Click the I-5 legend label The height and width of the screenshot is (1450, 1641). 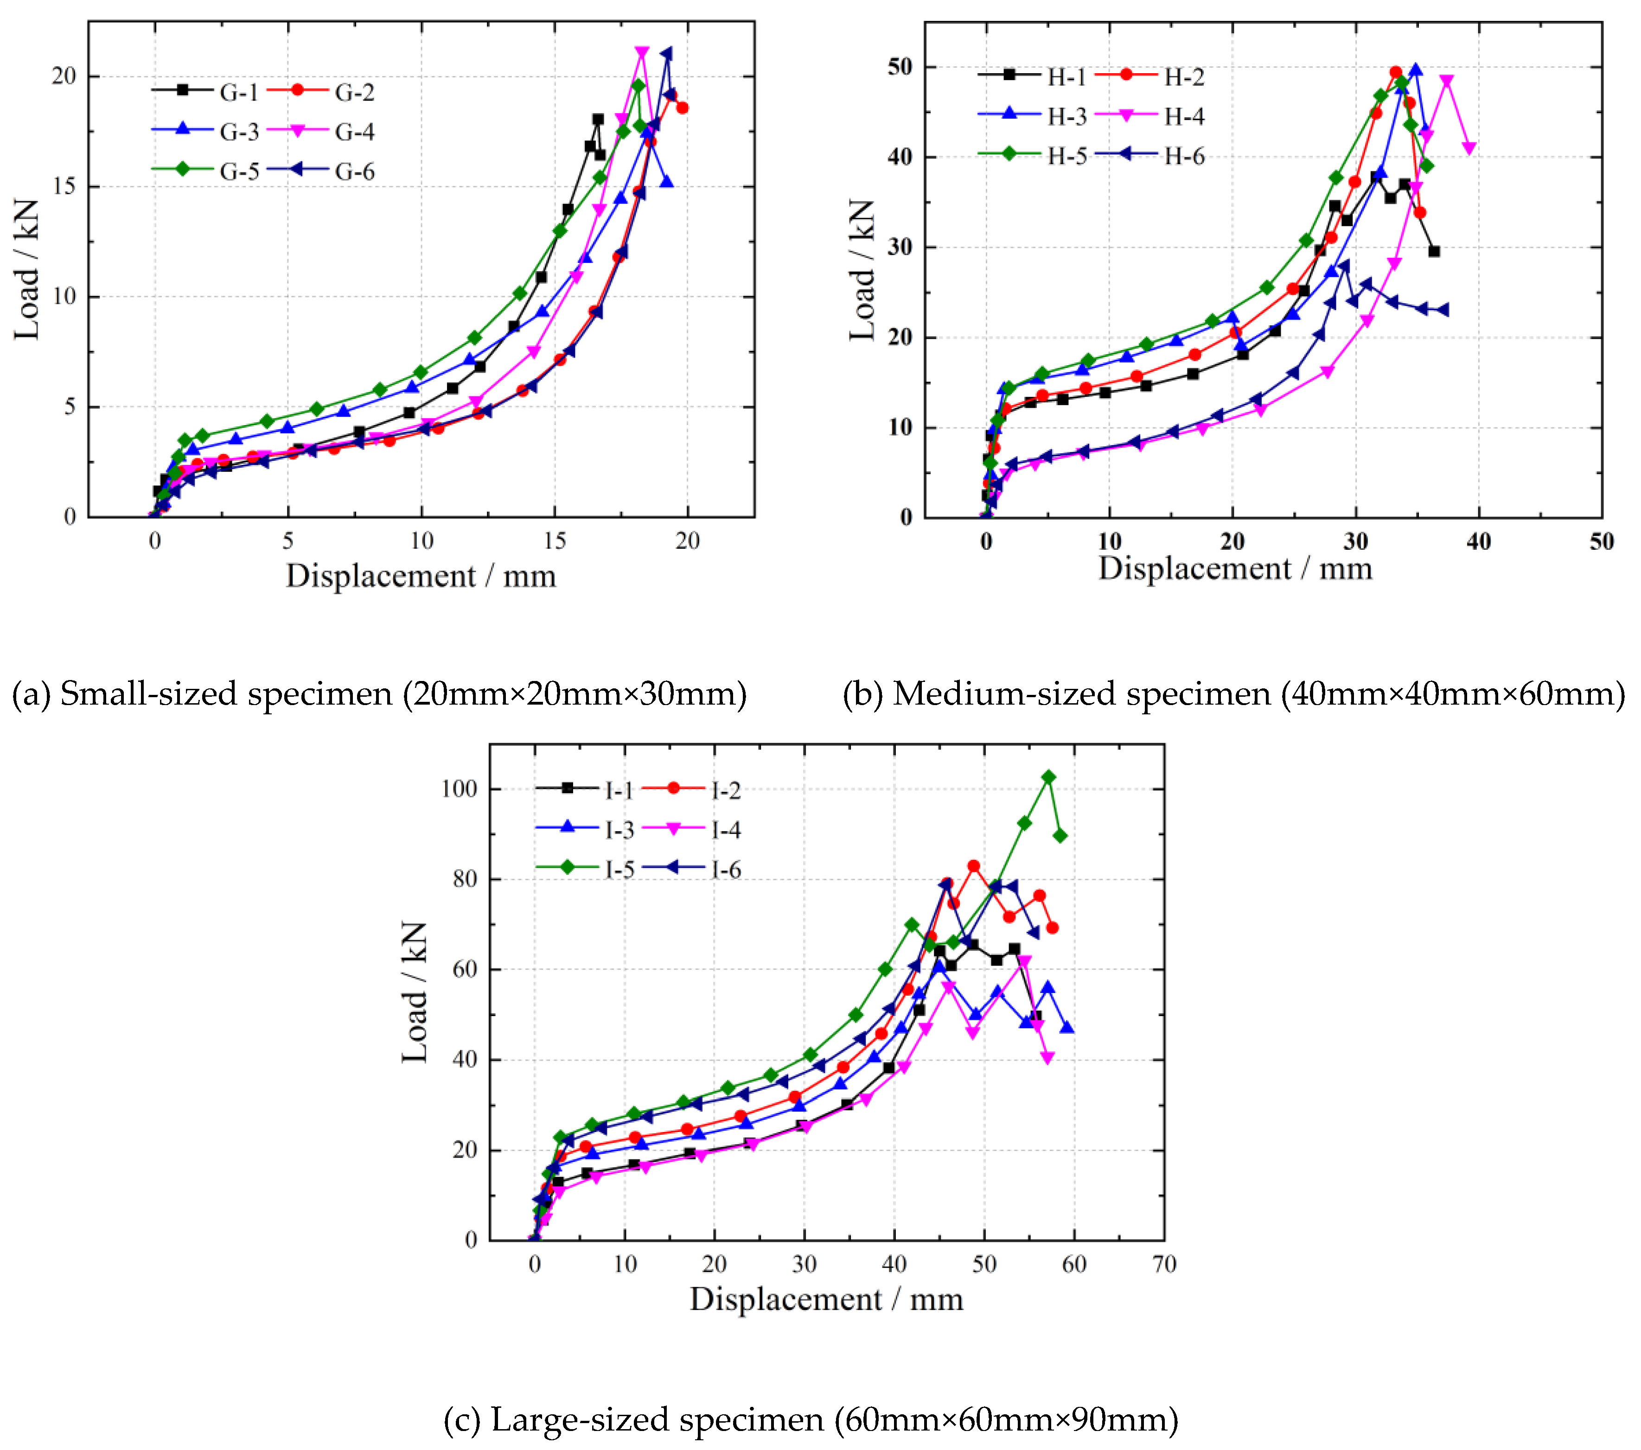619,869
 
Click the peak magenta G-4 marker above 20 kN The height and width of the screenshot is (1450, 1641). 641,53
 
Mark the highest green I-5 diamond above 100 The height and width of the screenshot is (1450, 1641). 1048,777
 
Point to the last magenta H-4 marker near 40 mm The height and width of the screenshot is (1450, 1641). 1469,148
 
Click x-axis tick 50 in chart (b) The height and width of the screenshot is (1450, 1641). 1601,542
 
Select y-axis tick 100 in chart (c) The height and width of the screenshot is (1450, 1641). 459,789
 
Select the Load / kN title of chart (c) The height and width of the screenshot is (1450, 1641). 415,992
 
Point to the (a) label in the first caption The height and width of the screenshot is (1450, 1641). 31,693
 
